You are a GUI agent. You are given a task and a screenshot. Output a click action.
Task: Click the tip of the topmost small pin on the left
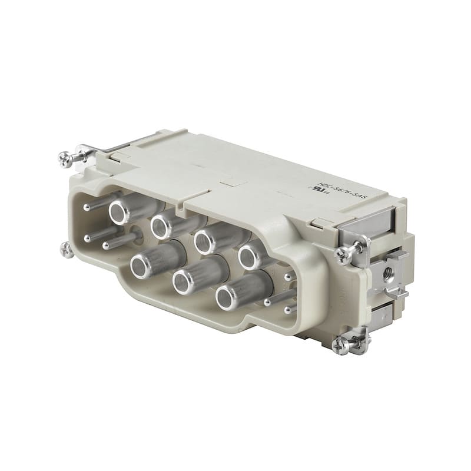(x=87, y=207)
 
